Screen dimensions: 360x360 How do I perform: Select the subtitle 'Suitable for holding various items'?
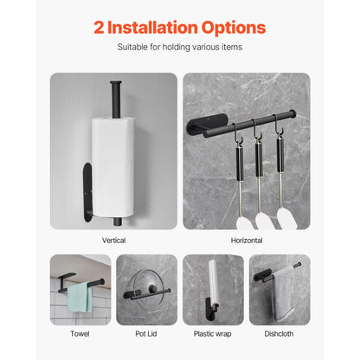coord(180,48)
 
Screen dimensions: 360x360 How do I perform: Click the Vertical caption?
coord(113,240)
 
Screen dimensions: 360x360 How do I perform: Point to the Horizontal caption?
coord(247,240)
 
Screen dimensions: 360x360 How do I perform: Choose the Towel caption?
coord(80,333)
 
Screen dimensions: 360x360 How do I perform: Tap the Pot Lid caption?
coord(146,333)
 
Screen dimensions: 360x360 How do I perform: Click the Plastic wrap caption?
coord(213,333)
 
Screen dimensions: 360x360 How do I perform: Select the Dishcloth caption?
coord(280,333)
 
